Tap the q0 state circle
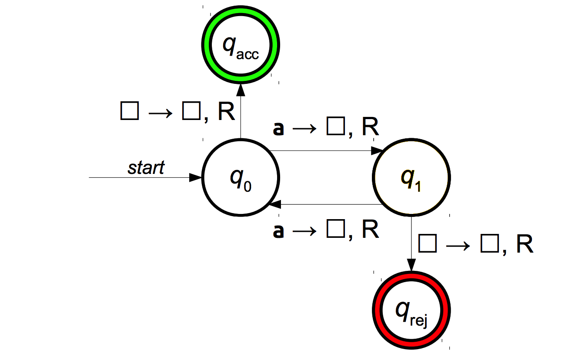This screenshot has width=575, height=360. pyautogui.click(x=241, y=178)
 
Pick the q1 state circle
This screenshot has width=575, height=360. pyautogui.click(x=411, y=178)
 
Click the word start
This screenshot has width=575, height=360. pyautogui.click(x=146, y=167)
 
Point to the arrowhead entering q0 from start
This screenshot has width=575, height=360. pyautogui.click(x=196, y=178)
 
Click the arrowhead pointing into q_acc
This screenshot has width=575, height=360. pyautogui.click(x=241, y=89)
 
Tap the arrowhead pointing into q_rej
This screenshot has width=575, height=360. pyautogui.click(x=411, y=267)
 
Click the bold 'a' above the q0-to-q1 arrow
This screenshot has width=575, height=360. pyautogui.click(x=278, y=129)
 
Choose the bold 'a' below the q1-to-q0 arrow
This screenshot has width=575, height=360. pyautogui.click(x=278, y=231)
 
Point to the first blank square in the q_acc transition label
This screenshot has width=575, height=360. pyautogui.click(x=129, y=112)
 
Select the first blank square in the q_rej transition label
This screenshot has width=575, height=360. pyautogui.click(x=427, y=245)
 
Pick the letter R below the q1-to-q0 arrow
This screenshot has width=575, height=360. pyautogui.click(x=370, y=230)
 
